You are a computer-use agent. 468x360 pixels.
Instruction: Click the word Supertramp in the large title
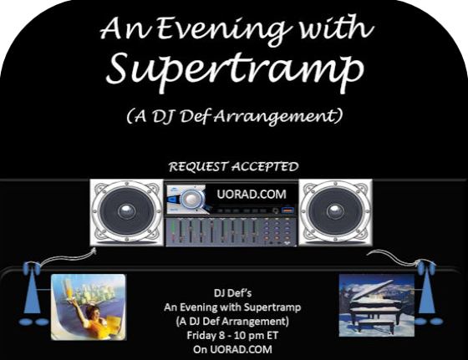click(x=235, y=71)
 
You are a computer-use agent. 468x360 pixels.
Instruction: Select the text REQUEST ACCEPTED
click(x=233, y=166)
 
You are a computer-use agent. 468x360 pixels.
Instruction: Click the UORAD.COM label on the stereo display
click(x=252, y=194)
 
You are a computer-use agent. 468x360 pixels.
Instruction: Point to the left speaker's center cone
click(x=126, y=211)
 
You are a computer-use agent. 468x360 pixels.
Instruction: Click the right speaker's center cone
click(x=335, y=211)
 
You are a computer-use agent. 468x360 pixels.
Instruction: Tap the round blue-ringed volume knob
click(x=192, y=198)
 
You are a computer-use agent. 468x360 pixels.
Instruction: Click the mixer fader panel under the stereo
click(x=231, y=231)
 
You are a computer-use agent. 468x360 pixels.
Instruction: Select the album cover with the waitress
click(x=89, y=307)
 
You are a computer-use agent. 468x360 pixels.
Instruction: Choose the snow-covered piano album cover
click(x=377, y=305)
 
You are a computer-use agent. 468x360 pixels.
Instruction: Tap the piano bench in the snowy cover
click(x=376, y=326)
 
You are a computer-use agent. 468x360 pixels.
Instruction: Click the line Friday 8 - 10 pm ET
click(x=232, y=335)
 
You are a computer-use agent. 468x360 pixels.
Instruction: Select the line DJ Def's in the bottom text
click(x=232, y=293)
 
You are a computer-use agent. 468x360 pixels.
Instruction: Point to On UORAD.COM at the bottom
click(x=232, y=349)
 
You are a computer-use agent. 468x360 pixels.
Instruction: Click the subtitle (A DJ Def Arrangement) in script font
click(x=234, y=116)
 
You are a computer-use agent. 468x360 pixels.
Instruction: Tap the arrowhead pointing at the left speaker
click(x=94, y=250)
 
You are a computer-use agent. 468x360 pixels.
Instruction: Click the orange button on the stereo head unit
click(x=287, y=210)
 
